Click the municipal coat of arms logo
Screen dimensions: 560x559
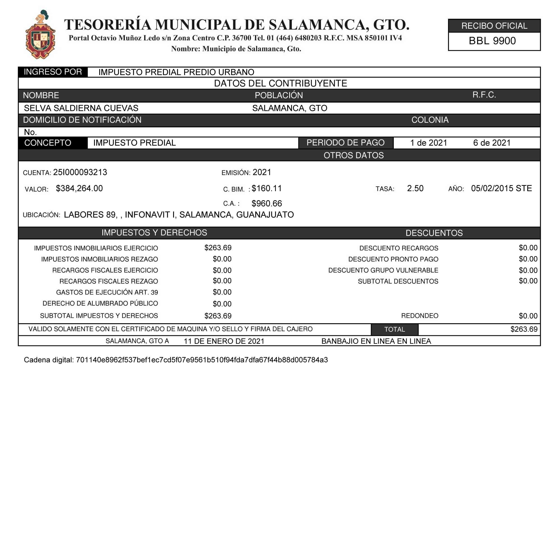point(40,35)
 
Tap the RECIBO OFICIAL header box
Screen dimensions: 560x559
point(494,26)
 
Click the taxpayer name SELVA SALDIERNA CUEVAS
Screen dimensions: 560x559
point(81,108)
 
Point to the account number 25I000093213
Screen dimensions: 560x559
point(80,172)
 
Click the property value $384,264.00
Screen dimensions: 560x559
point(79,188)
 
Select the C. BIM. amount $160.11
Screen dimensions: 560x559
point(266,188)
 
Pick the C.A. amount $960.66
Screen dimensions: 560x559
point(266,204)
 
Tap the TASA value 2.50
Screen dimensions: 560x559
point(415,188)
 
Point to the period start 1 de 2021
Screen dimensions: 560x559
point(428,143)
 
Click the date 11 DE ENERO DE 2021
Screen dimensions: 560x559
point(224,341)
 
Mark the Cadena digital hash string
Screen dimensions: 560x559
point(202,360)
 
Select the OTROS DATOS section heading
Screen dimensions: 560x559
point(353,155)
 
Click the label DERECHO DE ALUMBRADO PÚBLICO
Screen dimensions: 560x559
point(100,303)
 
